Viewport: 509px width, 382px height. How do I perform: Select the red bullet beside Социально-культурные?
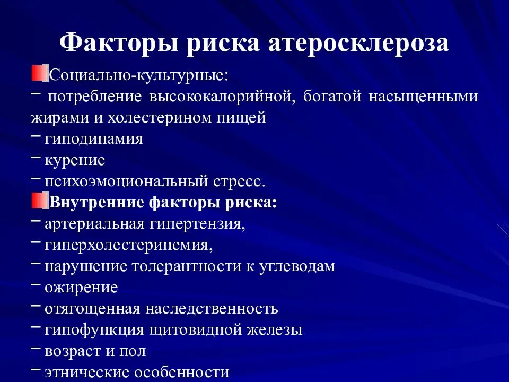tap(39, 73)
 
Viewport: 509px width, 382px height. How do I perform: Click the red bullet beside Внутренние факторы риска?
tap(39, 201)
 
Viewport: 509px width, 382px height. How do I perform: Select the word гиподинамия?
tap(94, 139)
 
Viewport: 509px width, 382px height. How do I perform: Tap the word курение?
tap(75, 160)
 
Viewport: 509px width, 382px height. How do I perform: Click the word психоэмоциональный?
tap(124, 181)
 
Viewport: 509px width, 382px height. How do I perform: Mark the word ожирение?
tap(81, 288)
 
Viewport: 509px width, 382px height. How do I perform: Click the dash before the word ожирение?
tap(36, 285)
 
